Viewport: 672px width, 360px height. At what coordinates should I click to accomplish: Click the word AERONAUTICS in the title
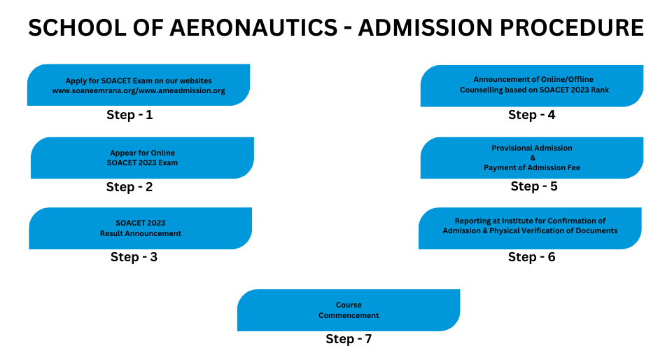coord(253,27)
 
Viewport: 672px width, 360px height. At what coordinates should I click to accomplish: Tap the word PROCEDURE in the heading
coord(572,27)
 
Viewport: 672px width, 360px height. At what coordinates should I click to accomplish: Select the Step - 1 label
coord(129,115)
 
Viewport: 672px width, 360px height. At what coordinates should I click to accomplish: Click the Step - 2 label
coord(129,187)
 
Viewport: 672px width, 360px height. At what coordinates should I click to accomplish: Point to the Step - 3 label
coord(134,257)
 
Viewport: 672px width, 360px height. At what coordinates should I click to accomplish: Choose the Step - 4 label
coord(532,115)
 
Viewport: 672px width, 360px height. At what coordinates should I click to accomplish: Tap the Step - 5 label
coord(534,186)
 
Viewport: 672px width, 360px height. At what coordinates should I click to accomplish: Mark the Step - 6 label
coord(532,257)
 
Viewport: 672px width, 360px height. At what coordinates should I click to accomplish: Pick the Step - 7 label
coord(349,338)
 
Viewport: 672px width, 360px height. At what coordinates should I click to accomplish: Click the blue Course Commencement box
coord(349,310)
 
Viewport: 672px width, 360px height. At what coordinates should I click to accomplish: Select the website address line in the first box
coord(139,91)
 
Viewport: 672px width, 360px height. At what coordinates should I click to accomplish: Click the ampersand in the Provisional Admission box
coord(533,158)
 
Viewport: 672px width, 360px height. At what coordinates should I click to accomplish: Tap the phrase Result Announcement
coord(141,233)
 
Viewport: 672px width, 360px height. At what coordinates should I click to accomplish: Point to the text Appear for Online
coord(142,153)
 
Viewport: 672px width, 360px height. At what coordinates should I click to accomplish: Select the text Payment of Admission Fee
coord(532,167)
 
